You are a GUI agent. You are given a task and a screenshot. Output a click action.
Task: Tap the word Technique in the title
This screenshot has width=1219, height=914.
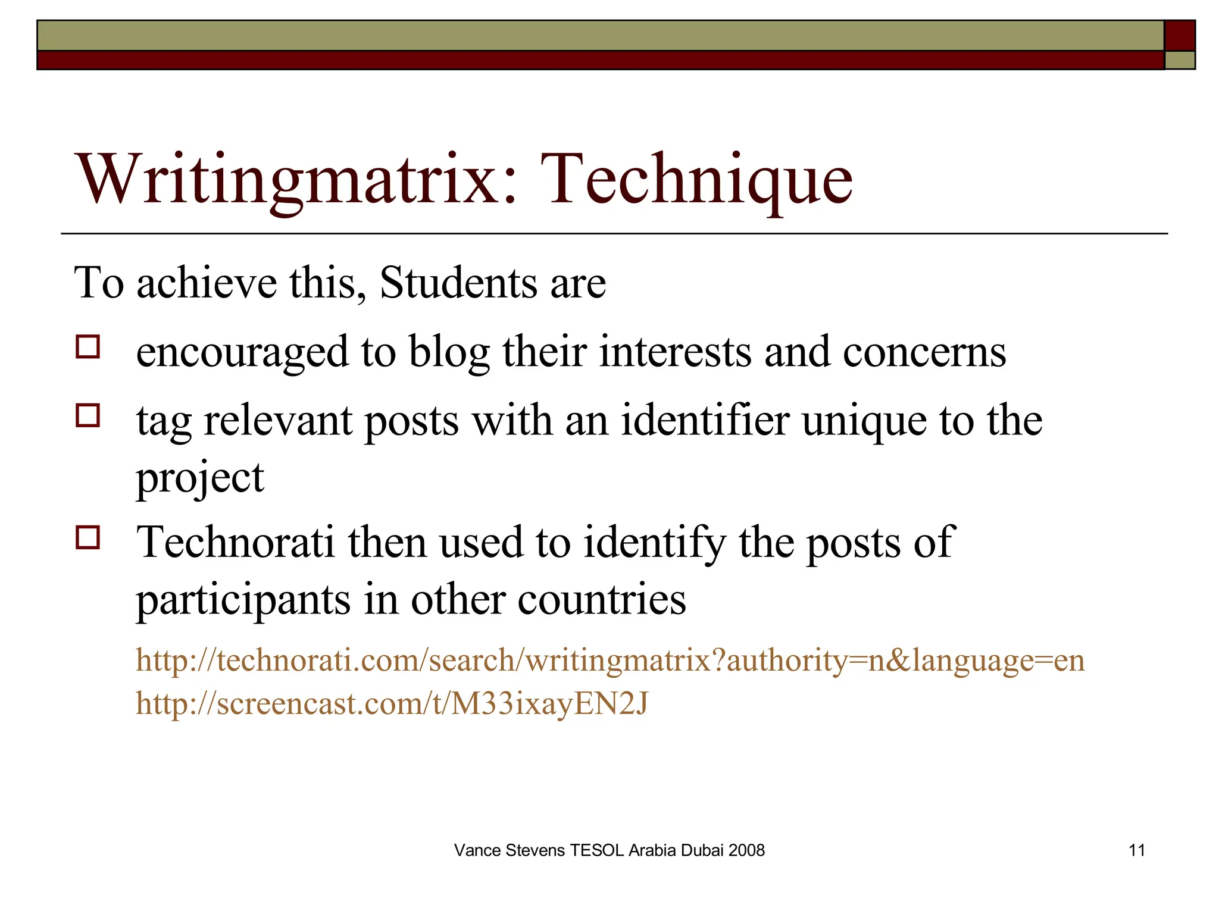(696, 179)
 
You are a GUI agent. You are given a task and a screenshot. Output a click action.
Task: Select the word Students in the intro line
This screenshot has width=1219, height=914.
(458, 283)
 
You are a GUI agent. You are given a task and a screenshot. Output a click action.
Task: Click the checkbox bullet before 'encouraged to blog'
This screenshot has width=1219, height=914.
(88, 346)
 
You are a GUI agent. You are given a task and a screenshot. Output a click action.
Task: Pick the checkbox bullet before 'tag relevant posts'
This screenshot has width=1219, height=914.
(88, 415)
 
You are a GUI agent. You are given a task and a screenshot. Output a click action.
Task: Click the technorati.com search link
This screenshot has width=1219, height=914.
(610, 661)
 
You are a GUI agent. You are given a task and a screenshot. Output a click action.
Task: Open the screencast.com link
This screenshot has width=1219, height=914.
(392, 703)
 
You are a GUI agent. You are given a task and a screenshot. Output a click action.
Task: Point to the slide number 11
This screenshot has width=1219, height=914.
(1136, 850)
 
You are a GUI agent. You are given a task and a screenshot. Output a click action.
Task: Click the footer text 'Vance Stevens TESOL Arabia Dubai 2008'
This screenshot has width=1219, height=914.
(609, 850)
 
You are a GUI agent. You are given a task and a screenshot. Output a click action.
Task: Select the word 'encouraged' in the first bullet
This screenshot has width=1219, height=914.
(242, 352)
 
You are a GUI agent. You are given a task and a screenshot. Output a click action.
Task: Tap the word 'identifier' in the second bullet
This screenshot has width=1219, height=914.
(705, 421)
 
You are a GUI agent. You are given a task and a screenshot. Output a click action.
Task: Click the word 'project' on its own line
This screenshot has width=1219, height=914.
(199, 478)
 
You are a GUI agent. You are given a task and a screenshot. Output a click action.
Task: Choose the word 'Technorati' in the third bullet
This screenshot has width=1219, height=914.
(236, 542)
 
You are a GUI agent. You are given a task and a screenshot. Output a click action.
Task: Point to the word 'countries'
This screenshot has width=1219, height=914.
(602, 599)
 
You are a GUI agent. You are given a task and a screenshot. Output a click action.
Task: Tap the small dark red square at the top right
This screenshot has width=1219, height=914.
(1179, 36)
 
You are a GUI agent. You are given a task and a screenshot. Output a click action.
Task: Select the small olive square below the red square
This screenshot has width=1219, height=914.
(1179, 60)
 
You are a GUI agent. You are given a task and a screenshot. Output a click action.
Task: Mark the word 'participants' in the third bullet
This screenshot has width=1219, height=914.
(243, 600)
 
